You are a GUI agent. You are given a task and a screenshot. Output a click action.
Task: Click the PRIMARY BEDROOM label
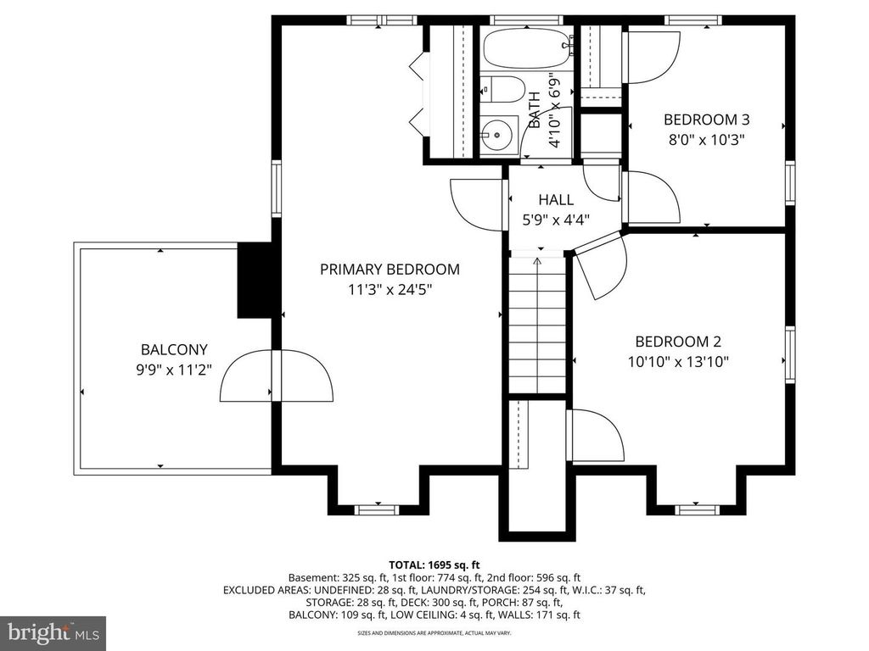[x=390, y=270]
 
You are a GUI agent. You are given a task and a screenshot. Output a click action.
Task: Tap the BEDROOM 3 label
[x=706, y=120]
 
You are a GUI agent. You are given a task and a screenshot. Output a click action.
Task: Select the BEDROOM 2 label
[x=677, y=342]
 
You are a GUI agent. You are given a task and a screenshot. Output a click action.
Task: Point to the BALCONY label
[x=174, y=349]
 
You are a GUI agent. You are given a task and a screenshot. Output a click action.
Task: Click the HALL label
[x=556, y=200]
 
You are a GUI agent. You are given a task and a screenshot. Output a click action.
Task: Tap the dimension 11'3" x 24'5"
[x=390, y=289]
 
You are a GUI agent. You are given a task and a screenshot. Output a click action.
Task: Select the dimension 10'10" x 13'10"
[x=677, y=361]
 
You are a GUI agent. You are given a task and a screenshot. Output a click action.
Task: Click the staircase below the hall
[x=538, y=331]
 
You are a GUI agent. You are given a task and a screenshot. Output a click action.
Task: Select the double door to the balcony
[x=276, y=375]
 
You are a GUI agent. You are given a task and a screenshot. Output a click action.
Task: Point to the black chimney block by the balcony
[x=254, y=281]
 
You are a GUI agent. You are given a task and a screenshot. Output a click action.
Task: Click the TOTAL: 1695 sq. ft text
[x=434, y=564]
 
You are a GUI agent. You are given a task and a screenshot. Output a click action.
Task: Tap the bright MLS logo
[x=53, y=632]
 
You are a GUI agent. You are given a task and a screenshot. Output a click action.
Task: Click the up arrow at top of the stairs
[x=537, y=261]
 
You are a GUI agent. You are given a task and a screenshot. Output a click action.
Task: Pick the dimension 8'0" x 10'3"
[x=706, y=139]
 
